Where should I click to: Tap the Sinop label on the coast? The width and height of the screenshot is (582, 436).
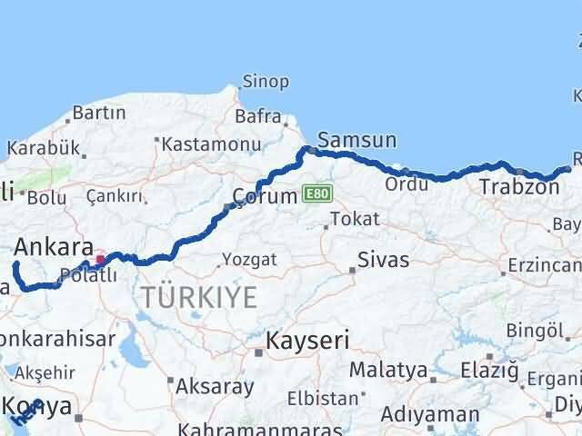click(x=266, y=82)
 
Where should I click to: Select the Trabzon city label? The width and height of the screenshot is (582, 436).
click(x=519, y=187)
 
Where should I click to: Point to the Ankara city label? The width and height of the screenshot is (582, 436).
click(x=54, y=246)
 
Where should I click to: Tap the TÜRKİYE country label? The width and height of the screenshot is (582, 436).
click(x=198, y=296)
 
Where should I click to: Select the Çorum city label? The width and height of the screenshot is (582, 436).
click(x=264, y=195)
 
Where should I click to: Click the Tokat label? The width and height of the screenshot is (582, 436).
click(x=355, y=219)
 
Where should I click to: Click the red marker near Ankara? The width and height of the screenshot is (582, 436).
click(x=100, y=259)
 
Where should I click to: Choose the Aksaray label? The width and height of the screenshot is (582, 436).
click(x=215, y=386)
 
